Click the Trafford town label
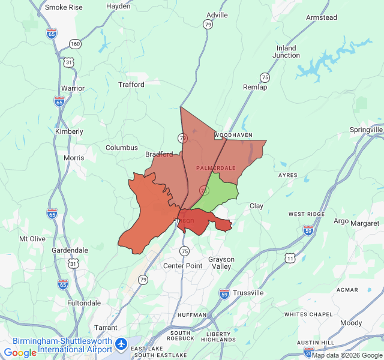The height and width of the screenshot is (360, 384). pyautogui.click(x=131, y=85)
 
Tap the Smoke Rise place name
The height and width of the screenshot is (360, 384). pyautogui.click(x=64, y=7)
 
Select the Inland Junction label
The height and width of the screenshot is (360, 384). pyautogui.click(x=286, y=52)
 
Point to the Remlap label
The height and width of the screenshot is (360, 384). pyautogui.click(x=254, y=88)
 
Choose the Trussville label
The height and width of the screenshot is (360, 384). pyautogui.click(x=248, y=293)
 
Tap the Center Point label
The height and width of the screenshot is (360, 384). pyautogui.click(x=183, y=266)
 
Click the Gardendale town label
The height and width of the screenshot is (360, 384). pyautogui.click(x=70, y=250)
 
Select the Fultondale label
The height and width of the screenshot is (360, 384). pyautogui.click(x=84, y=303)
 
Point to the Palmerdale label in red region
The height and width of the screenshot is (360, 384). pyautogui.click(x=215, y=167)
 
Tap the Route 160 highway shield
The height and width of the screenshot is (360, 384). pyautogui.click(x=75, y=44)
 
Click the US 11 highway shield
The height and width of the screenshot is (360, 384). pyautogui.click(x=290, y=257)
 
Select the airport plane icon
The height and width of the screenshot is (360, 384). pyautogui.click(x=122, y=344)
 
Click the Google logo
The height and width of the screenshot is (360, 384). pyautogui.click(x=20, y=353)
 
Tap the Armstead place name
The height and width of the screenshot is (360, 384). pyautogui.click(x=321, y=18)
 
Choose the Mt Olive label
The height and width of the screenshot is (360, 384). pyautogui.click(x=32, y=239)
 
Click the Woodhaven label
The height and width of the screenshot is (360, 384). pyautogui.click(x=233, y=136)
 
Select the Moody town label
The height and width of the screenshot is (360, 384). pyautogui.click(x=351, y=323)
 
